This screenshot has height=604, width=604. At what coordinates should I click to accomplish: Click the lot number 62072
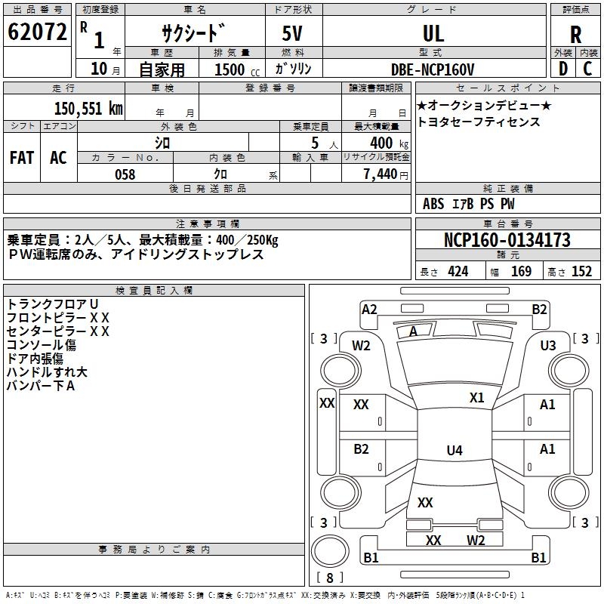pyautogui.click(x=38, y=33)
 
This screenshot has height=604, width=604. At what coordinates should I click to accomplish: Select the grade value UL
pyautogui.click(x=433, y=33)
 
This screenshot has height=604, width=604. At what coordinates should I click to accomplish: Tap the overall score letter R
pyautogui.click(x=576, y=33)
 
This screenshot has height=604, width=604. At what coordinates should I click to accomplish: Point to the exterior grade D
pyautogui.click(x=562, y=68)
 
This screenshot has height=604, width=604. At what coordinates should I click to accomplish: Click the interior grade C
pyautogui.click(x=588, y=68)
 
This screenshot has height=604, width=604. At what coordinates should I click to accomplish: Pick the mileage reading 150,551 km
pyautogui.click(x=88, y=109)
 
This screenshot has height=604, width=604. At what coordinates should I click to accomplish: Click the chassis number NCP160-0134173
pyautogui.click(x=507, y=240)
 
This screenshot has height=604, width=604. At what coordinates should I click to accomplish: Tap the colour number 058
pyautogui.click(x=125, y=174)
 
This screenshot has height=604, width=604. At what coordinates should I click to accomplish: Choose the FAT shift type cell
pyautogui.click(x=22, y=157)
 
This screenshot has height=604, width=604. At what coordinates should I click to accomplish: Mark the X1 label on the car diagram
pyautogui.click(x=476, y=398)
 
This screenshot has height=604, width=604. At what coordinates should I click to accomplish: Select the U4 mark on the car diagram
pyautogui.click(x=454, y=451)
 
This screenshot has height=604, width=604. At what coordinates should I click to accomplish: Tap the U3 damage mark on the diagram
pyautogui.click(x=547, y=345)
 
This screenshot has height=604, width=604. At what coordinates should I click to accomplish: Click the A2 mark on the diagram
pyautogui.click(x=369, y=309)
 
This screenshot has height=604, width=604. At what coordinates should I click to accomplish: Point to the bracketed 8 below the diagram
pyautogui.click(x=330, y=578)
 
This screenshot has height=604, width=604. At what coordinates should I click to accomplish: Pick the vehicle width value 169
pyautogui.click(x=522, y=271)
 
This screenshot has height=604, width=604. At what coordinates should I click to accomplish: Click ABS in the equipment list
pyautogui.click(x=433, y=204)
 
